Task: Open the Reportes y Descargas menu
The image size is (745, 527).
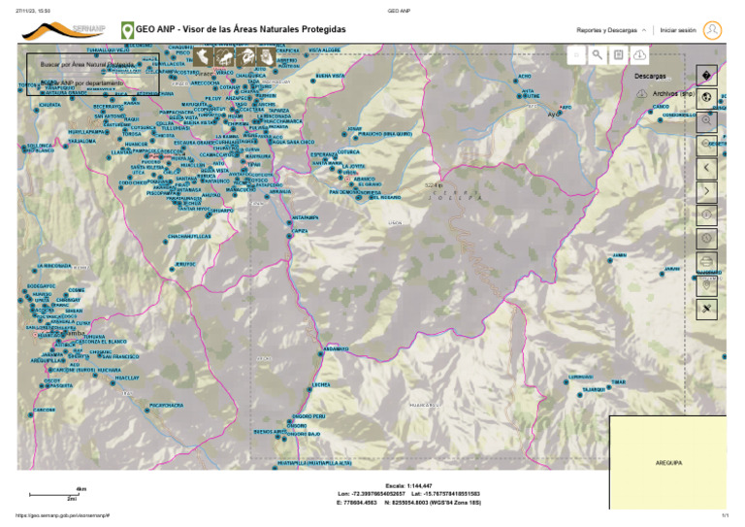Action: coord(610,30)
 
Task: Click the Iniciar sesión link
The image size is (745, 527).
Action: coord(678,30)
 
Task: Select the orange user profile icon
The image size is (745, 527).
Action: coord(713,30)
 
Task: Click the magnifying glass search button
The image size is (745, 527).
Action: coord(599,56)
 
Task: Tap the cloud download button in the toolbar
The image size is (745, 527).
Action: coord(640,56)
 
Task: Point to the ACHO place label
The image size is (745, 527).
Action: coord(525,76)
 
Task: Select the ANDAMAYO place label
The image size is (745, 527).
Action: coord(335,348)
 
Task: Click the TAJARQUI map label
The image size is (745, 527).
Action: coord(594,389)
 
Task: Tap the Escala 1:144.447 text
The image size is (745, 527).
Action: coord(408,485)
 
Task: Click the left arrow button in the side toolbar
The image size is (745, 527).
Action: coord(706,167)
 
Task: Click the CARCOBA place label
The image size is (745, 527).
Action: coord(45,410)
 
